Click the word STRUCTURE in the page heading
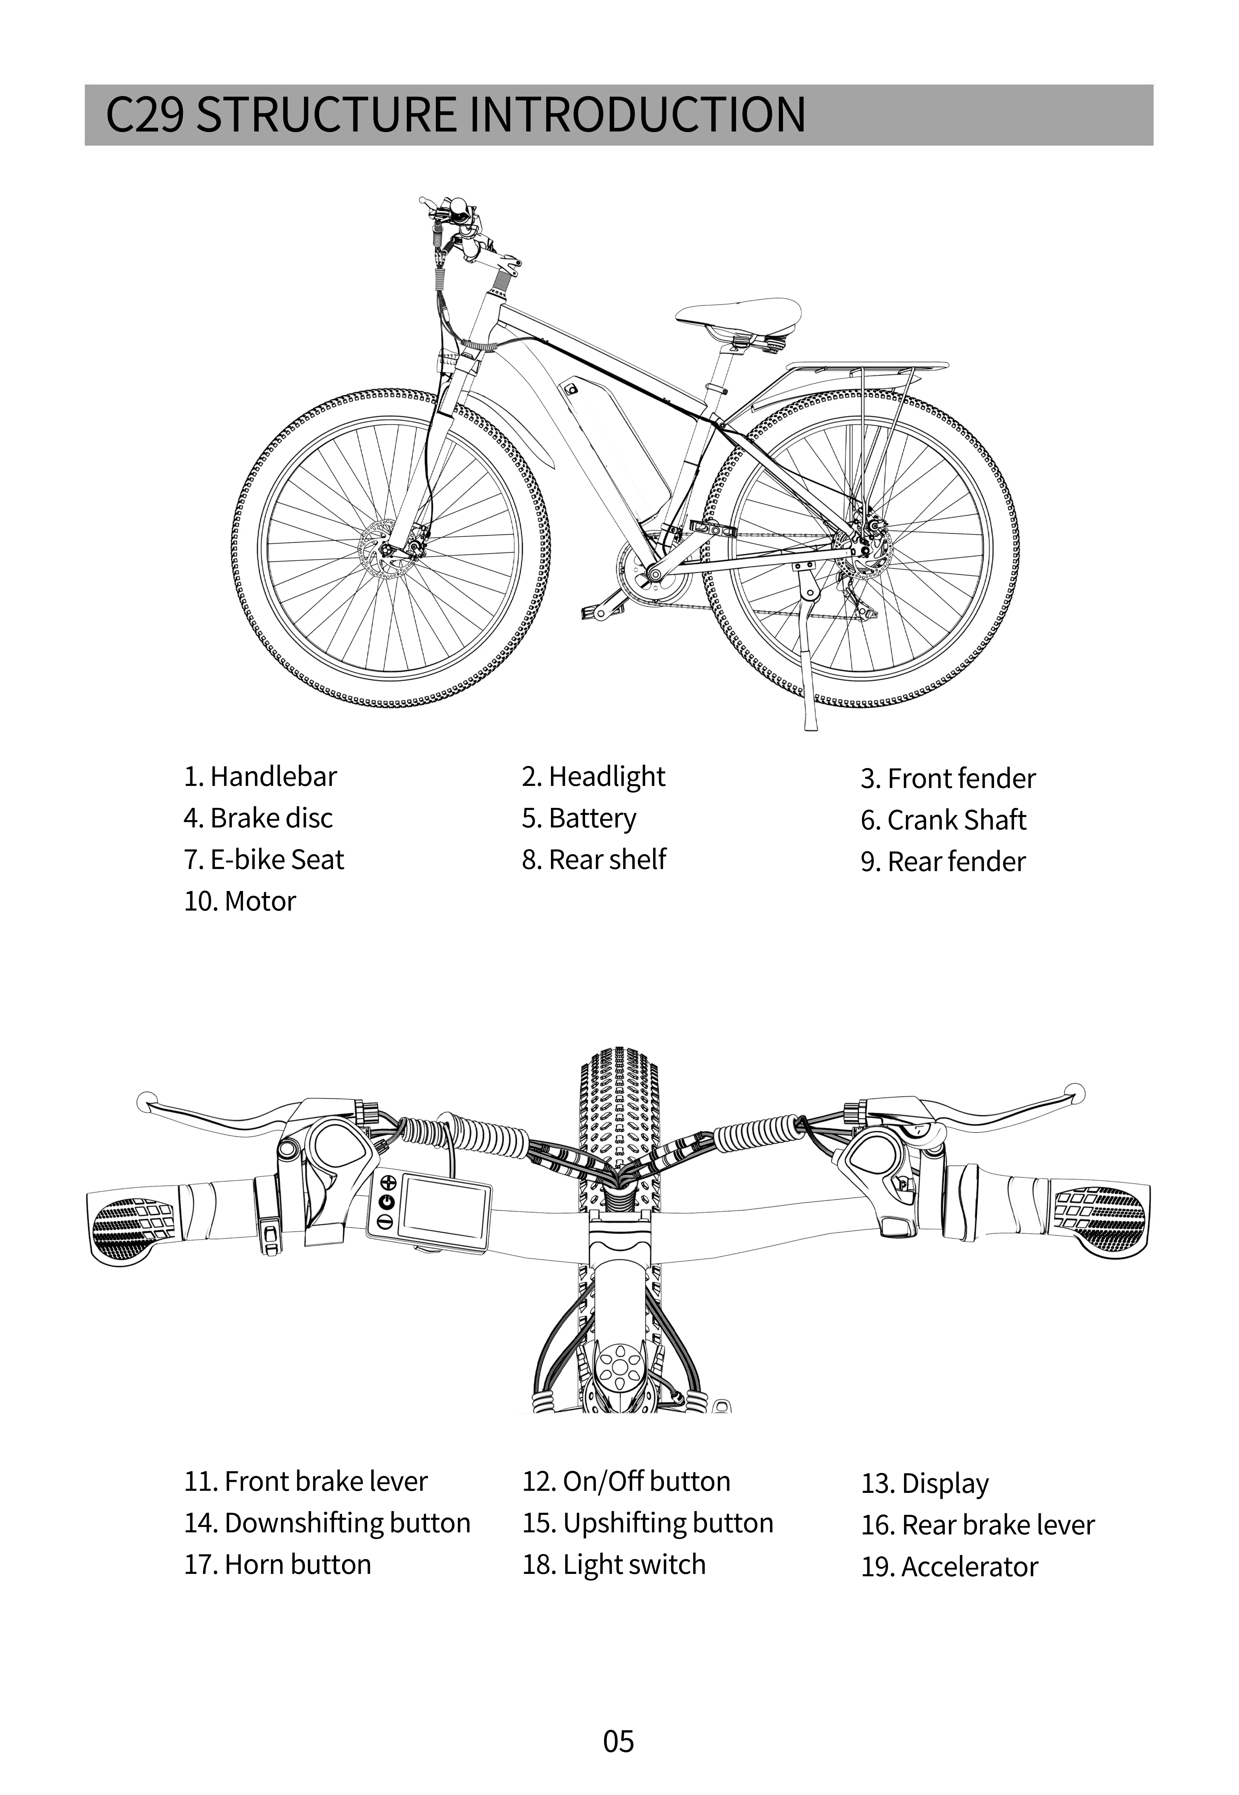click(x=326, y=115)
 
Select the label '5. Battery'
click(x=579, y=818)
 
